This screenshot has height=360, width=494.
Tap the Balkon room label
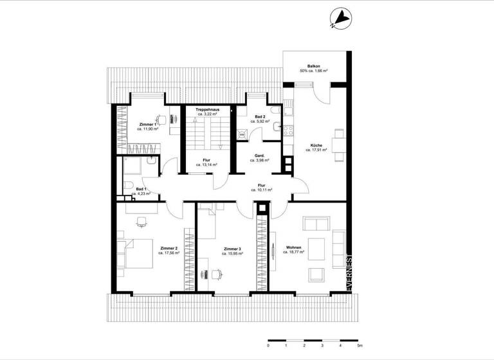(x=314, y=66)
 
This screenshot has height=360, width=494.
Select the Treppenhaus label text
(x=209, y=110)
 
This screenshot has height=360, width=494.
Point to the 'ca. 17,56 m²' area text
(x=169, y=253)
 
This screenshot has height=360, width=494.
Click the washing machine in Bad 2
(x=242, y=134)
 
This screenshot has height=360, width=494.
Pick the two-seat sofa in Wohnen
(x=316, y=224)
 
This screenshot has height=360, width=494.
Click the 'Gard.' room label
(x=261, y=156)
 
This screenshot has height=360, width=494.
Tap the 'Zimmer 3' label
(x=233, y=248)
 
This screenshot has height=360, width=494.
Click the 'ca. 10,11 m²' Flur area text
(x=261, y=190)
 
